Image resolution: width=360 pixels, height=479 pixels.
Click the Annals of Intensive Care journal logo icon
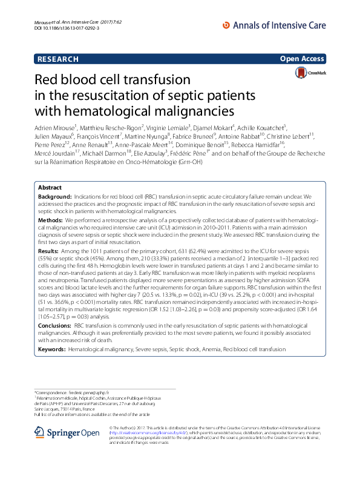coord(227,25)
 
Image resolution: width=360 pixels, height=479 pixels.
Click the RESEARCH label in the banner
coord(58,59)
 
